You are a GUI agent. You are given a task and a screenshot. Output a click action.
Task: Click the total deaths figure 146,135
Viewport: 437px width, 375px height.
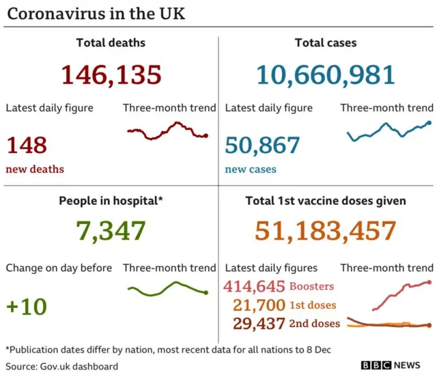pyautogui.click(x=111, y=74)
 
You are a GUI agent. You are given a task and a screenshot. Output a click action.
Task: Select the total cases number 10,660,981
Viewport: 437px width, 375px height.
pyautogui.click(x=327, y=74)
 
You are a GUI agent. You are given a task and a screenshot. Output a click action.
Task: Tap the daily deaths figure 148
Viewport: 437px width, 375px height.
pyautogui.click(x=27, y=145)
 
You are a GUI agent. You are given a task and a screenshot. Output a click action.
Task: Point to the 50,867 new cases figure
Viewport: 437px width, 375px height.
pyautogui.click(x=262, y=145)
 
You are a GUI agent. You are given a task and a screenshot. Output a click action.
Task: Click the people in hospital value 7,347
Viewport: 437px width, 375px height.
pyautogui.click(x=111, y=231)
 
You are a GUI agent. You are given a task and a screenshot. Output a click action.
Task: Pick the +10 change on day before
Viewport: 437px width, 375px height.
pyautogui.click(x=27, y=307)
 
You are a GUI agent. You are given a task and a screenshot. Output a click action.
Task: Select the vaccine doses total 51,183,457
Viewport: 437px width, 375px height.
pyautogui.click(x=327, y=231)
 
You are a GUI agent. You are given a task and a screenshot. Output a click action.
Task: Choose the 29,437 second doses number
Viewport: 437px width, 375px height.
pyautogui.click(x=257, y=323)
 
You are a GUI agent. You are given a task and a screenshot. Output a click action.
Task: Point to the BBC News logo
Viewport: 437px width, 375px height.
pyautogui.click(x=391, y=365)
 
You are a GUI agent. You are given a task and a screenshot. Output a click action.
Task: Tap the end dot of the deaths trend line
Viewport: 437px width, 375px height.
pyautogui.click(x=206, y=136)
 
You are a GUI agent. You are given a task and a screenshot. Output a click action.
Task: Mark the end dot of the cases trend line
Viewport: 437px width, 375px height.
pyautogui.click(x=429, y=123)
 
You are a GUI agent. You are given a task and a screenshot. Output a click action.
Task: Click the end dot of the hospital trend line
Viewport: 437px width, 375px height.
pyautogui.click(x=206, y=293)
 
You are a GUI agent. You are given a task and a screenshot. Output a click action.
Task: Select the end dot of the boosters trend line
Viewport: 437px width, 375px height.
pyautogui.click(x=429, y=281)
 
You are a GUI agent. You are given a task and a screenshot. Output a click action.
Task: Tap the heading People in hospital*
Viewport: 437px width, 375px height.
pyautogui.click(x=111, y=201)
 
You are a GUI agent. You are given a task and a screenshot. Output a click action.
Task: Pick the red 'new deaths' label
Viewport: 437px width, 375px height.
pyautogui.click(x=35, y=169)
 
